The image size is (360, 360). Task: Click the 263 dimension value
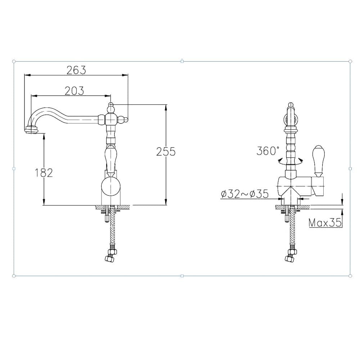click(76, 70)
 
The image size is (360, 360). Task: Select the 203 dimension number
click(74, 91)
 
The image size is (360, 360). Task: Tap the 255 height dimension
click(166, 152)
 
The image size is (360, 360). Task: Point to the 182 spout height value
click(44, 173)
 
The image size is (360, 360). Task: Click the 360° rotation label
click(268, 151)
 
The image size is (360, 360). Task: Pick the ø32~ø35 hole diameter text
click(245, 194)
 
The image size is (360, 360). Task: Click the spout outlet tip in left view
click(31, 130)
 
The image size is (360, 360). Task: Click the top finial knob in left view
click(111, 108)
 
